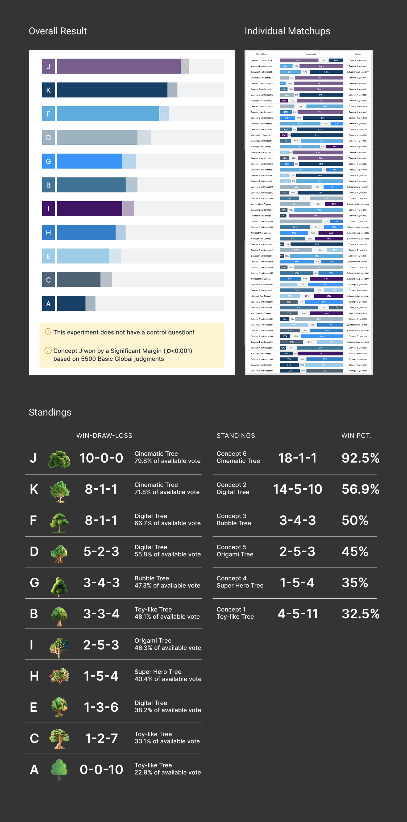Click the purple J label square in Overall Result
pyautogui.click(x=48, y=66)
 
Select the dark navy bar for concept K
pyautogui.click(x=112, y=90)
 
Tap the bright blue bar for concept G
pyautogui.click(x=89, y=161)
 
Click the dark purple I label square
pyautogui.click(x=48, y=209)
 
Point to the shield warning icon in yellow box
pyautogui.click(x=48, y=332)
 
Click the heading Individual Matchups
pyautogui.click(x=287, y=31)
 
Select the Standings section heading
pyautogui.click(x=50, y=412)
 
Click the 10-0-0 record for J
pyautogui.click(x=101, y=458)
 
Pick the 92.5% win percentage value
pyautogui.click(x=360, y=458)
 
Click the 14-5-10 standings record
pyautogui.click(x=297, y=489)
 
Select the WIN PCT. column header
pyautogui.click(x=356, y=435)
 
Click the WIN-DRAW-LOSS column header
pyautogui.click(x=104, y=435)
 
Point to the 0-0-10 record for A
pyautogui.click(x=101, y=769)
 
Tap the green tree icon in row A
pyautogui.click(x=59, y=769)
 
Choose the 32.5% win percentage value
pyautogui.click(x=360, y=614)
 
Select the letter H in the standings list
pyautogui.click(x=34, y=676)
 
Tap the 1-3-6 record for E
pyautogui.click(x=101, y=707)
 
